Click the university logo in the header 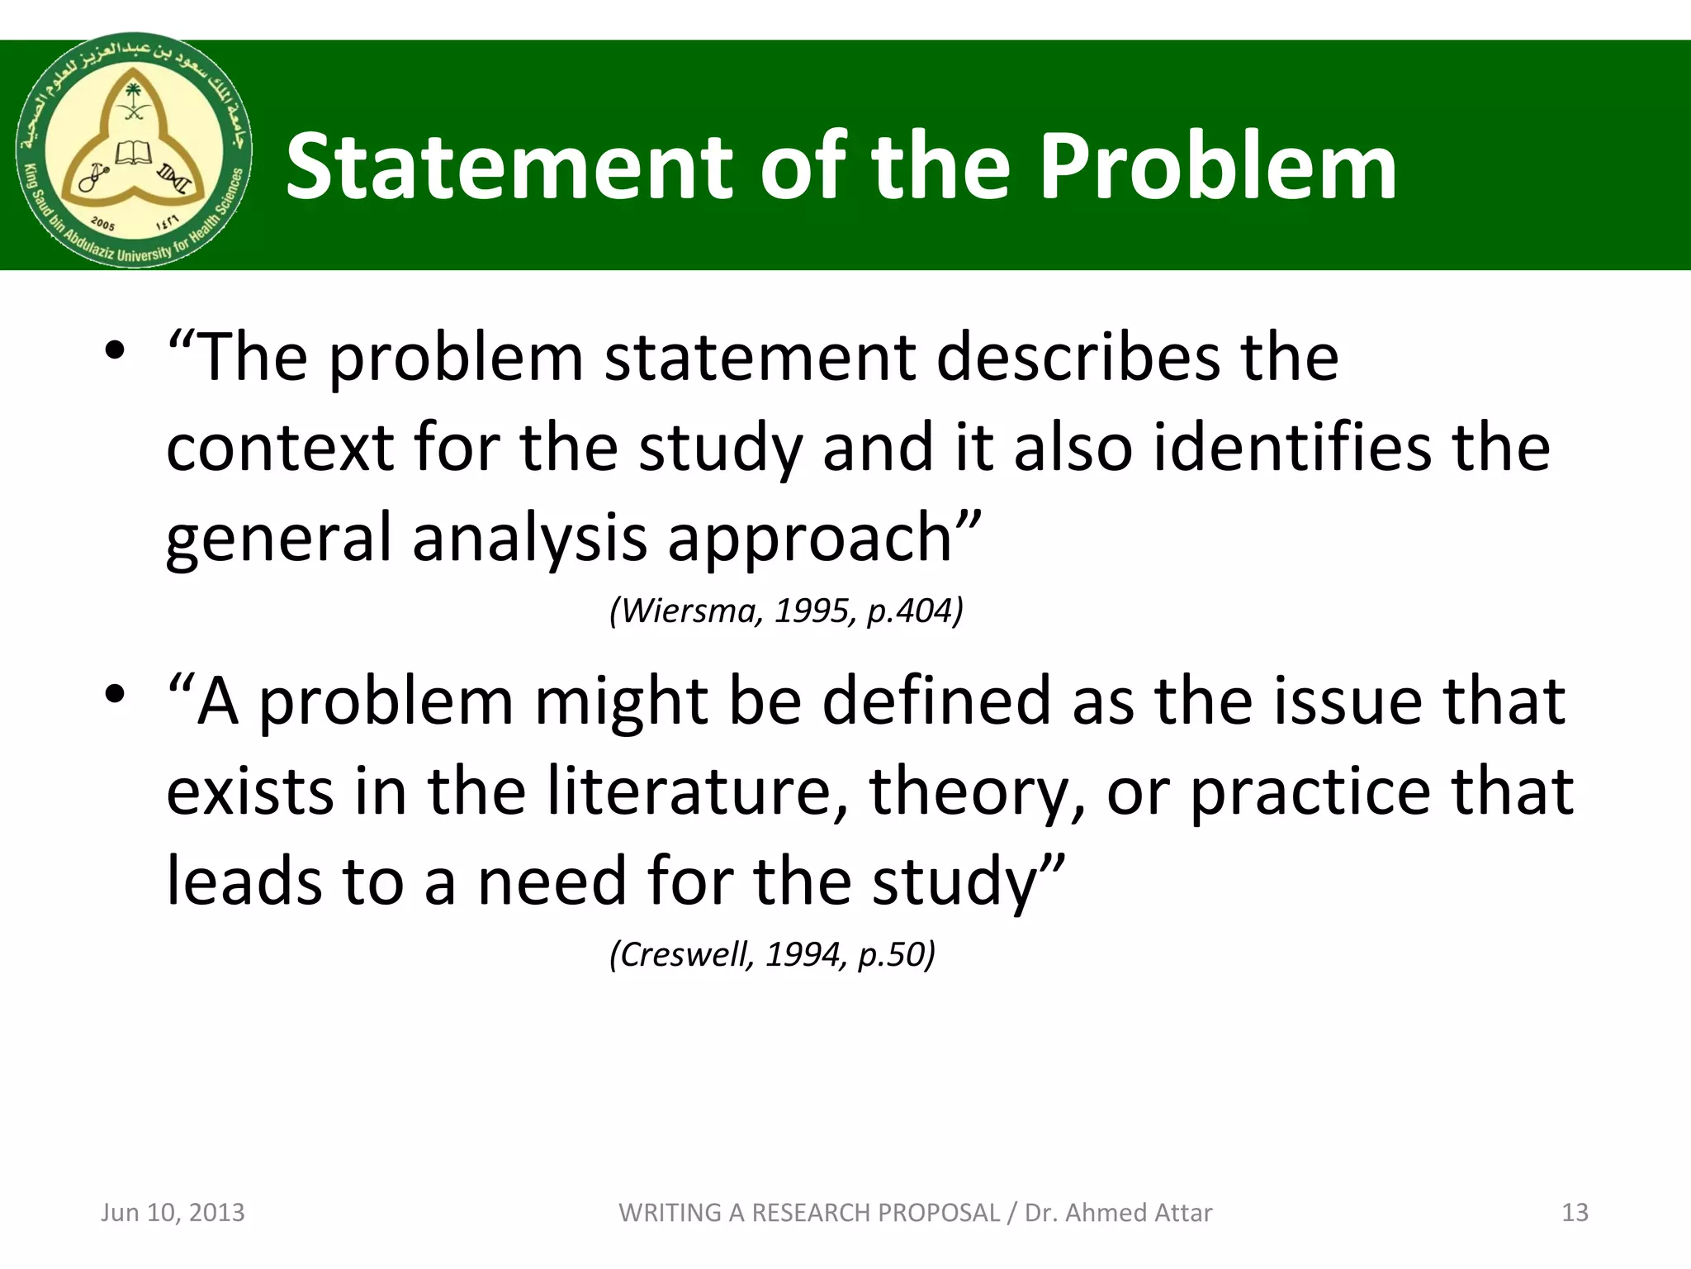(x=135, y=150)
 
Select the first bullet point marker (x=115, y=352)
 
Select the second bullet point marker (x=115, y=695)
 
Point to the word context (x=280, y=449)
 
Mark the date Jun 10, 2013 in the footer (x=173, y=1213)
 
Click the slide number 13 (x=1575, y=1213)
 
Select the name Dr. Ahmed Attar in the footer (x=1118, y=1213)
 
